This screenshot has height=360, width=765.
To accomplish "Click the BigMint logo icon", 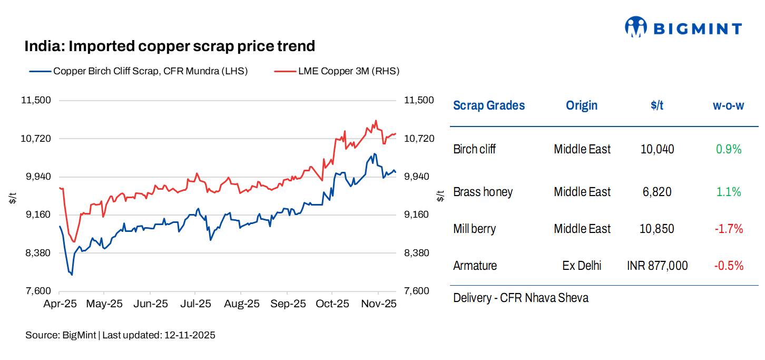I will pyautogui.click(x=635, y=27).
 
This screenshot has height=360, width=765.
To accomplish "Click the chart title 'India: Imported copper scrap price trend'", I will pyautogui.click(x=170, y=46).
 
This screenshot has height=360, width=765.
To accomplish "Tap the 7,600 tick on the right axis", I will pyautogui.click(x=418, y=291).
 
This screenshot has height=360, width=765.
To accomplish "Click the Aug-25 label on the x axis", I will pyautogui.click(x=241, y=304).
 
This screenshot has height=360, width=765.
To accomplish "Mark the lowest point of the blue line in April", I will pyautogui.click(x=72, y=275).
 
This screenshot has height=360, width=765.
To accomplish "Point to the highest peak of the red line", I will pyautogui.click(x=376, y=121).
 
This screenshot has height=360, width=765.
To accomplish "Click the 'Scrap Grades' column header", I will pyautogui.click(x=489, y=105).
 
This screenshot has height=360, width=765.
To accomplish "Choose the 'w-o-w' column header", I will pyautogui.click(x=728, y=105).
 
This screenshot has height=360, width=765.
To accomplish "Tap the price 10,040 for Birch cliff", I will pyautogui.click(x=657, y=149).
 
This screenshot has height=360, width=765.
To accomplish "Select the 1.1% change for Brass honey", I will pyautogui.click(x=728, y=192).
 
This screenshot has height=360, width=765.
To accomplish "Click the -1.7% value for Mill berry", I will pyautogui.click(x=728, y=229).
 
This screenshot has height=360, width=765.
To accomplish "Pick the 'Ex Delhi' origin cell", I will pyautogui.click(x=582, y=266).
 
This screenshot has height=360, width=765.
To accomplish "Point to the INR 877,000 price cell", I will pyautogui.click(x=657, y=266).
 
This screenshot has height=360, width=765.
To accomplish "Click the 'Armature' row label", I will pyautogui.click(x=475, y=266).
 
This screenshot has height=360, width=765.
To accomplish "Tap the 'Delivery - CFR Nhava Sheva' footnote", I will pyautogui.click(x=521, y=298).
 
